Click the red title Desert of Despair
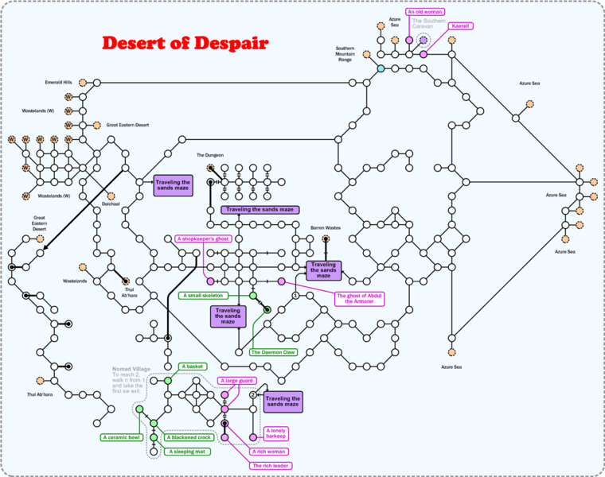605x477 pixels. coord(185,42)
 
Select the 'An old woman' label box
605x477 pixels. coord(425,13)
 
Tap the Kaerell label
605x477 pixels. coord(460,26)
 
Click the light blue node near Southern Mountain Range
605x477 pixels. coord(381,68)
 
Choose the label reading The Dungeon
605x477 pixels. coord(210,155)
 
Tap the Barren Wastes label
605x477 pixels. coord(326,227)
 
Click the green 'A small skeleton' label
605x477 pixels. coord(202,296)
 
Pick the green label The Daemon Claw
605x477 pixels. coord(267,351)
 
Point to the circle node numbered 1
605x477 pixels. coord(295,296)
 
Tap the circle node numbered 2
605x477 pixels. coord(253,394)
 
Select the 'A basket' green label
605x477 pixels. coord(193,366)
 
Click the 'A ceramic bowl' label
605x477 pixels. coord(121,437)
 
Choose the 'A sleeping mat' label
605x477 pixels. coord(188,452)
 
